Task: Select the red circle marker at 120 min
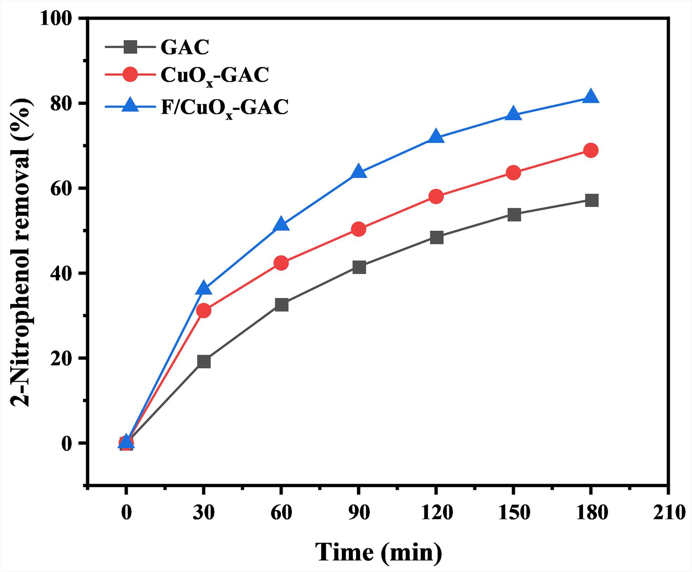pyautogui.click(x=436, y=196)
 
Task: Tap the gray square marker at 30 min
pyautogui.click(x=204, y=361)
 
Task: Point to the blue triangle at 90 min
pyautogui.click(x=358, y=171)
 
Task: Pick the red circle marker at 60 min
pyautogui.click(x=281, y=263)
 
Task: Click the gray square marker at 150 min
pyautogui.click(x=514, y=214)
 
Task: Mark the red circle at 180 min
pyautogui.click(x=591, y=150)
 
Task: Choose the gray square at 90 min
pyautogui.click(x=359, y=267)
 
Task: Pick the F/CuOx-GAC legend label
pyautogui.click(x=225, y=108)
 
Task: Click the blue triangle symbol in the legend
pyautogui.click(x=130, y=105)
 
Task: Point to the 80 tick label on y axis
pyautogui.click(x=62, y=104)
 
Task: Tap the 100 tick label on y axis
pyautogui.click(x=56, y=18)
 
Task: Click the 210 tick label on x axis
pyautogui.click(x=669, y=512)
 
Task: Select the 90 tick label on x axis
pyautogui.click(x=359, y=512)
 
